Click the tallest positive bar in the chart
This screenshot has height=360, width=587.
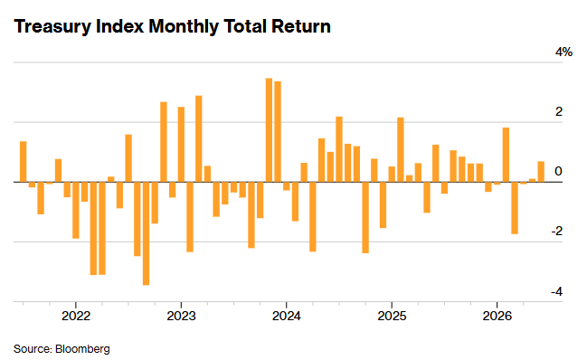tap(269, 130)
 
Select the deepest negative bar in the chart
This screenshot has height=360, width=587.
tap(146, 233)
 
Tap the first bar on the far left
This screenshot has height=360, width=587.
tap(24, 162)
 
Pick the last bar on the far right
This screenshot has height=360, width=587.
tap(541, 172)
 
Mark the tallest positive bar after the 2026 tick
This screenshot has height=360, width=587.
tap(506, 155)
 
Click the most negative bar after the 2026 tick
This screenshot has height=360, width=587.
tap(515, 208)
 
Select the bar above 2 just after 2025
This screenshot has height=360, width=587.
tap(401, 149)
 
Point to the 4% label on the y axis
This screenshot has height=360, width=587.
tap(563, 52)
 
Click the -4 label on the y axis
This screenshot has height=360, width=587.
tap(556, 291)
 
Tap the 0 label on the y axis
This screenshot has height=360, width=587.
tap(559, 171)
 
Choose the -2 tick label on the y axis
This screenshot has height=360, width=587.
tap(556, 231)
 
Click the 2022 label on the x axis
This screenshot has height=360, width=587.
tap(76, 316)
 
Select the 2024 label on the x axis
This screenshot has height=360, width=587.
tap(287, 316)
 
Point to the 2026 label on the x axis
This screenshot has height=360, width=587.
tap(497, 316)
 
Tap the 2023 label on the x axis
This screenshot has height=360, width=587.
tap(181, 316)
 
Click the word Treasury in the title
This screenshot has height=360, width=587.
tap(52, 27)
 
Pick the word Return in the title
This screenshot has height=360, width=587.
tap(301, 26)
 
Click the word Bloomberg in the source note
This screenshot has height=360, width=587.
tap(82, 349)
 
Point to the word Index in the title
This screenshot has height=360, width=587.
tap(119, 26)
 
